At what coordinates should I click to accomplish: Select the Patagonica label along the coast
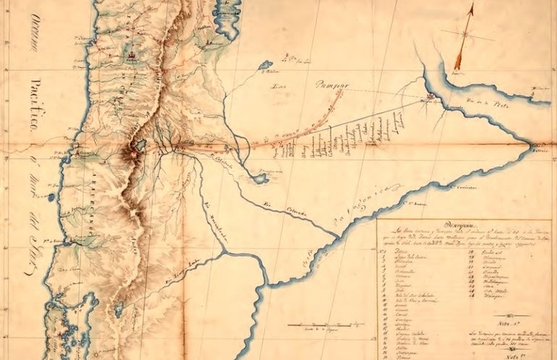click(369, 205)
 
